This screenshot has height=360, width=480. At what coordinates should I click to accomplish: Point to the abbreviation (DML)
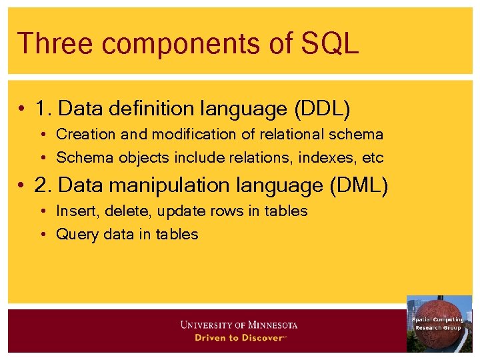click(x=359, y=186)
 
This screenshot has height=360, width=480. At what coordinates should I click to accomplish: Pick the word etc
click(x=373, y=158)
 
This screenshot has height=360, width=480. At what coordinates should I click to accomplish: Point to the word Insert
click(x=76, y=211)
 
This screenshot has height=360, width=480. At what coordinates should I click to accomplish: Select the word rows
click(x=228, y=211)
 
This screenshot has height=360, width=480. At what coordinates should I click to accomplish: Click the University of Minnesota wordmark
click(x=239, y=325)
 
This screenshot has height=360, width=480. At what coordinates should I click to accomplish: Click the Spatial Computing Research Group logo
click(x=439, y=323)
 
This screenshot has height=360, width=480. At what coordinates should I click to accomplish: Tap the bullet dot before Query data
click(x=43, y=235)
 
